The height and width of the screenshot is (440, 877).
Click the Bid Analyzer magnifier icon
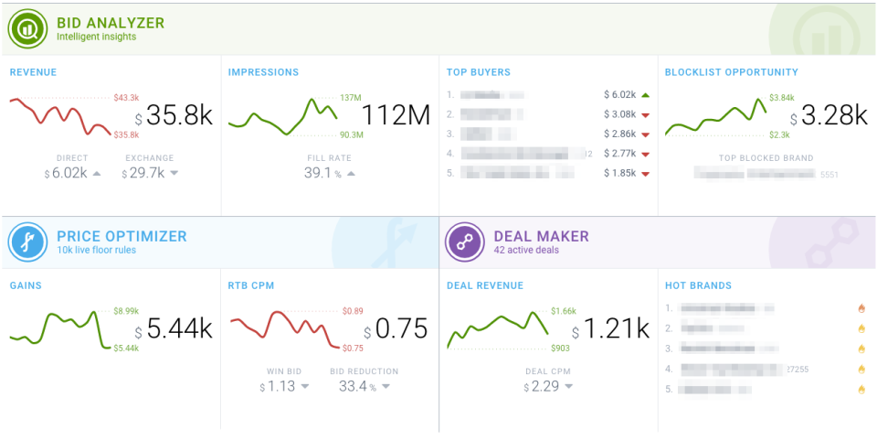pyautogui.click(x=28, y=29)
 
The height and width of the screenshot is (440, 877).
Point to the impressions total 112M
pyautogui.click(x=395, y=116)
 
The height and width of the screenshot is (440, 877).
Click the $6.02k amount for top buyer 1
pyautogui.click(x=618, y=94)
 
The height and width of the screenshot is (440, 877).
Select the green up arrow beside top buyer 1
pyautogui.click(x=645, y=94)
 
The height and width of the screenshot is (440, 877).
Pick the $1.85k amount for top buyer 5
pyautogui.click(x=618, y=173)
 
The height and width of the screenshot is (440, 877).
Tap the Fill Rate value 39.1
pyautogui.click(x=320, y=173)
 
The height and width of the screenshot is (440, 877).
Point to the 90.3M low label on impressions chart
pyautogui.click(x=352, y=135)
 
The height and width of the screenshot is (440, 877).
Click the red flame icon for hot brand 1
pyautogui.click(x=861, y=308)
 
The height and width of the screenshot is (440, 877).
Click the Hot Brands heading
pyautogui.click(x=698, y=285)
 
